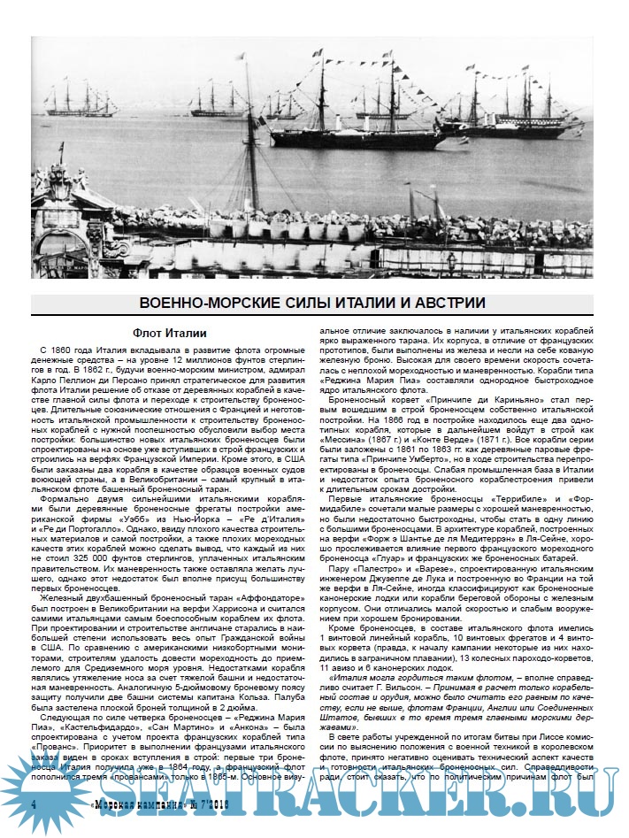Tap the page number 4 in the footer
(x=33, y=805)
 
